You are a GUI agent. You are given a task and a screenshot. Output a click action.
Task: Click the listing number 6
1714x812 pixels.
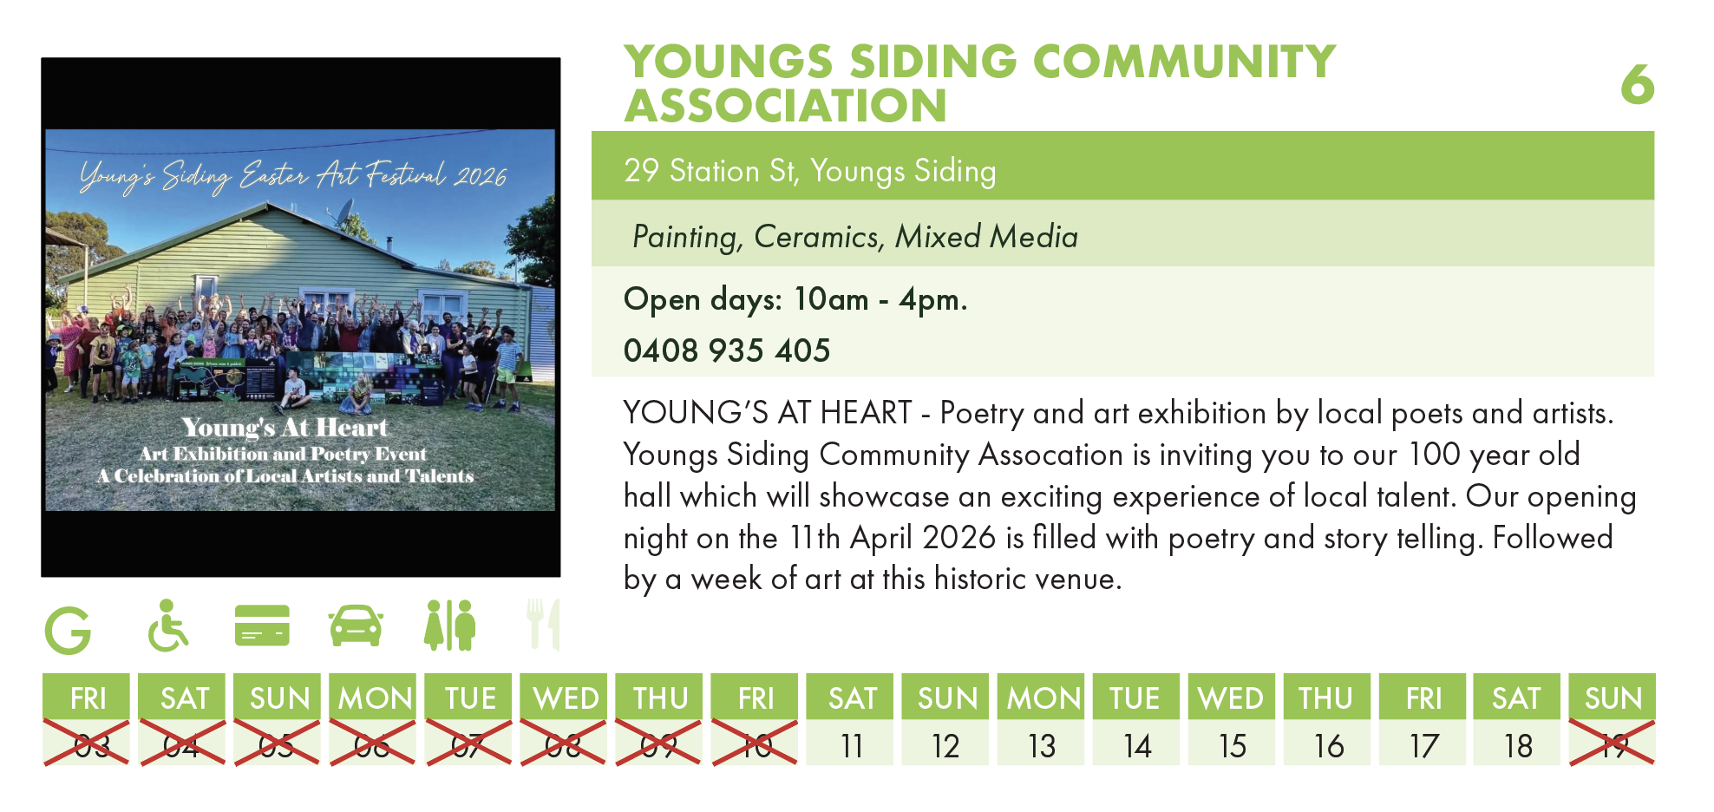1637,85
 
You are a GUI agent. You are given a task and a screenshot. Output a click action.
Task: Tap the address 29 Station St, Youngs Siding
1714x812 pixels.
810,171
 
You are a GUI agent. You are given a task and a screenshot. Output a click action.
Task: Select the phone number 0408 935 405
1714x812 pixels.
727,350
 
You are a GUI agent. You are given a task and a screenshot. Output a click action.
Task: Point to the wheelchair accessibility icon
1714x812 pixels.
167,625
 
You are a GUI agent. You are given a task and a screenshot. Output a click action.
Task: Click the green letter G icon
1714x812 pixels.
68,630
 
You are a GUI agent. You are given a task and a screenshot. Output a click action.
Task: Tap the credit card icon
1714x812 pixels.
262,625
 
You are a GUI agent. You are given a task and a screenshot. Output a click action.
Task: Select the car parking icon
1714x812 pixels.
356,626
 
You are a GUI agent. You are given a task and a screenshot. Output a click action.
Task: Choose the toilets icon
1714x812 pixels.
450,625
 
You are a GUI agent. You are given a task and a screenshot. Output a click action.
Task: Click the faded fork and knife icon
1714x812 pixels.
544,624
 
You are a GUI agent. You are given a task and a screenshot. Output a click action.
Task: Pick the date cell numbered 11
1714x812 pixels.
851,745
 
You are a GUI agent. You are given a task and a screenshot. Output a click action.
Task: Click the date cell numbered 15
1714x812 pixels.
1232,745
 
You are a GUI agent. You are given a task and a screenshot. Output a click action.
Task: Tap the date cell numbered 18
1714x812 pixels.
1517,745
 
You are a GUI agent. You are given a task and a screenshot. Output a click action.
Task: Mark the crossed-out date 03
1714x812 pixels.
87,743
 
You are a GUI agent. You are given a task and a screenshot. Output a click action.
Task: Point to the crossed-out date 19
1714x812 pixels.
1612,743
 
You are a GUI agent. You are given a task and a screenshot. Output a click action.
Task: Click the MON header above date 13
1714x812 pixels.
1041,697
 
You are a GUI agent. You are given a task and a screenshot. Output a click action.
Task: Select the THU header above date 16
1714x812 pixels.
1326,697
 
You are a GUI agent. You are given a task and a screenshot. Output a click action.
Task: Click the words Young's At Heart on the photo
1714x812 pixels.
285,428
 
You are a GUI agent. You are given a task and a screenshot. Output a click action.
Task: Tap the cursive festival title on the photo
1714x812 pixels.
293,176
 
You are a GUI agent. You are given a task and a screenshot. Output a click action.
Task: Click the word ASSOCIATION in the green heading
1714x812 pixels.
786,107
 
